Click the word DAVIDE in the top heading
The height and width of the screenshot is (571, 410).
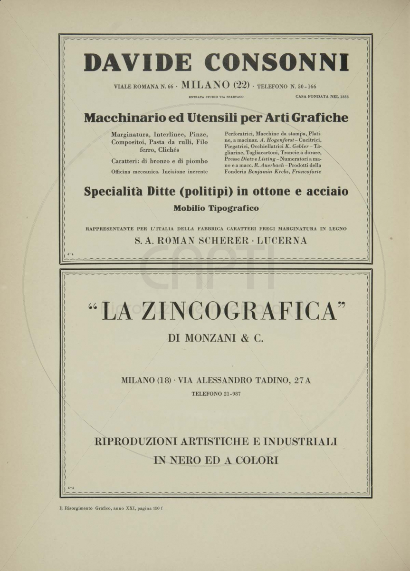[x=138, y=63]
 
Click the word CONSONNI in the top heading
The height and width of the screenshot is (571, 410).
[x=277, y=63]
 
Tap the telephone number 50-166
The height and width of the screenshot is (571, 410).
[x=306, y=87]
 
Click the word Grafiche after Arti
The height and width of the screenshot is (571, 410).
[x=320, y=118]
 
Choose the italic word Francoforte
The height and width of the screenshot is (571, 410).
[x=306, y=171]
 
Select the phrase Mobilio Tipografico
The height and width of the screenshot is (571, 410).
[x=216, y=208]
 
